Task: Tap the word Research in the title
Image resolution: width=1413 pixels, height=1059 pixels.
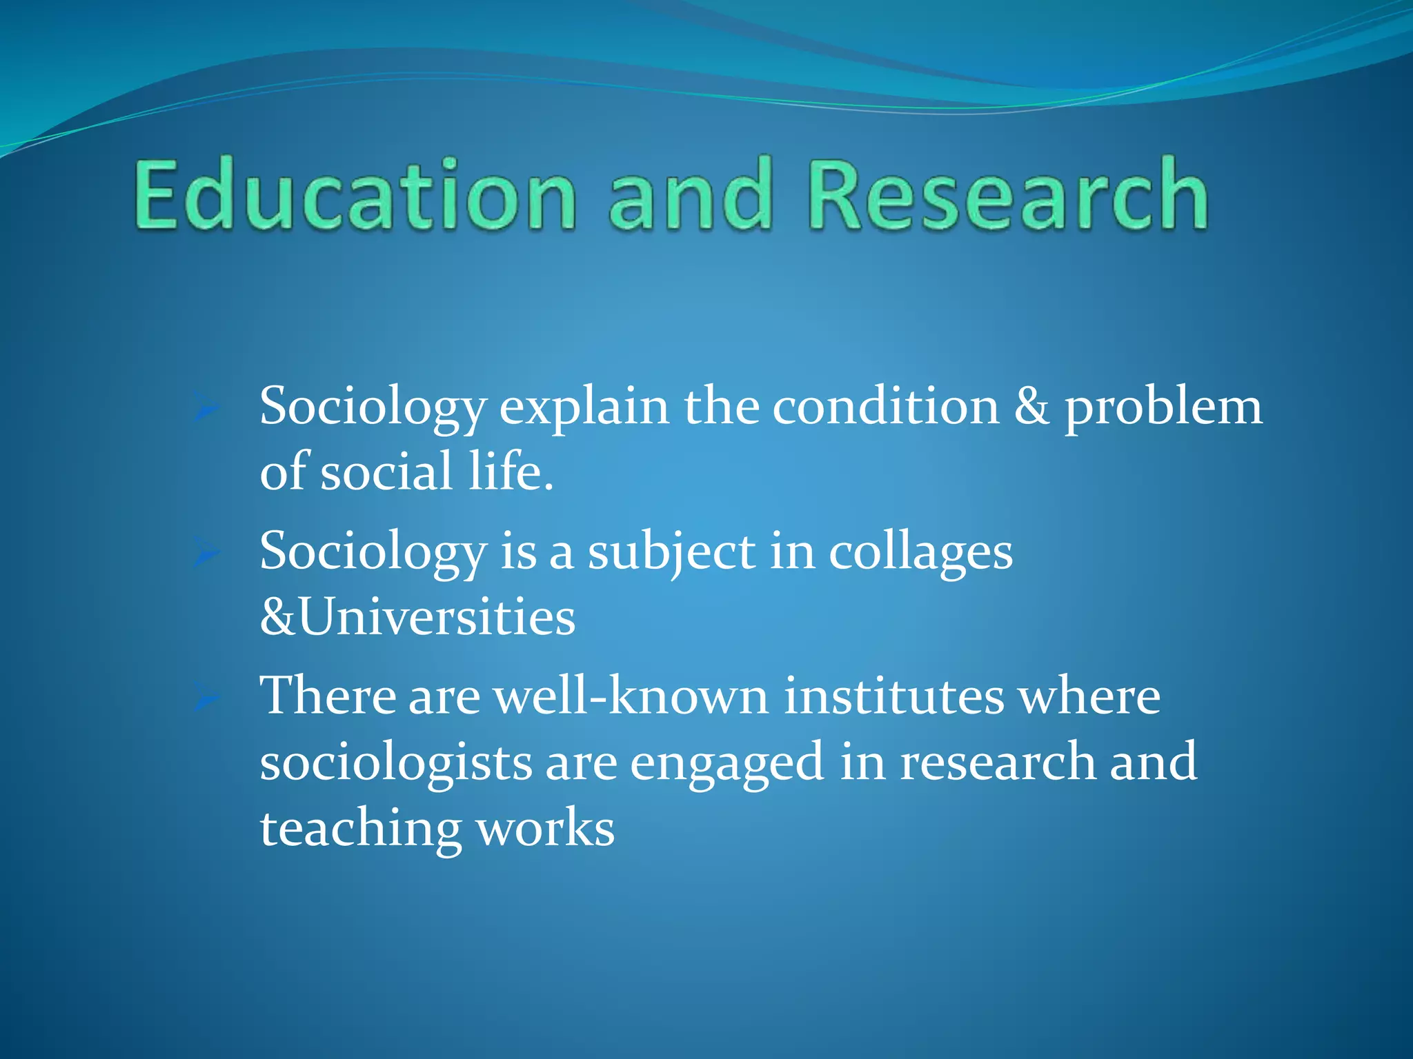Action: [x=1009, y=194]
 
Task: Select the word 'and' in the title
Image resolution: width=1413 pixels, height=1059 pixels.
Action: [x=690, y=194]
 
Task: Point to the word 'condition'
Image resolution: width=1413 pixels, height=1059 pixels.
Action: [x=885, y=407]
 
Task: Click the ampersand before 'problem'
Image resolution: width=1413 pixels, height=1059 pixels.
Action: [x=1031, y=407]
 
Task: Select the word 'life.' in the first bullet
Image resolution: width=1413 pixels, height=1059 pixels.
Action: [x=511, y=472]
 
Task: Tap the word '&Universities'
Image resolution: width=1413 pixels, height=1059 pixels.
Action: [x=417, y=617]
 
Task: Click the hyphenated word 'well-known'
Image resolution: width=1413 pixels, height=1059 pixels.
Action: [x=631, y=696]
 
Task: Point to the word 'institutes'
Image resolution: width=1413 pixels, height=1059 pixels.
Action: [x=894, y=696]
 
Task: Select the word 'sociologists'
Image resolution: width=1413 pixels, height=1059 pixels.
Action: [x=395, y=763]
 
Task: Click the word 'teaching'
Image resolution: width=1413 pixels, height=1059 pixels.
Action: [x=361, y=829]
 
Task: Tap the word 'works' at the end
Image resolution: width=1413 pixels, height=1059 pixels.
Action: [x=545, y=829]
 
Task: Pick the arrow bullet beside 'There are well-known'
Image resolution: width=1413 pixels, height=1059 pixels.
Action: [x=206, y=698]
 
